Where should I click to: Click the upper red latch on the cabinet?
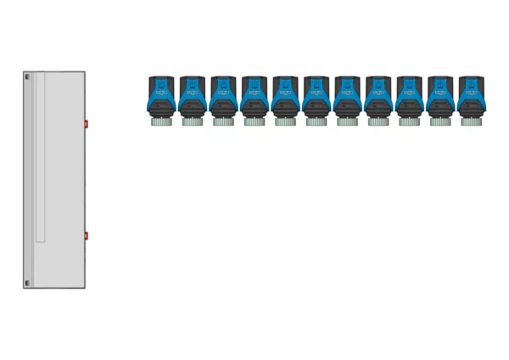click(86, 124)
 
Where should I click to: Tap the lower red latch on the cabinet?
click(86, 235)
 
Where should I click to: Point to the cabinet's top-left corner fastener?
click(27, 77)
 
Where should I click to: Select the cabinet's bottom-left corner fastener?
click(27, 283)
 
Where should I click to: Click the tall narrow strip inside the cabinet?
click(40, 158)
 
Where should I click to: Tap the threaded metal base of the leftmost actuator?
click(161, 121)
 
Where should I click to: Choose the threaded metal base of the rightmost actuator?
click(471, 121)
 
